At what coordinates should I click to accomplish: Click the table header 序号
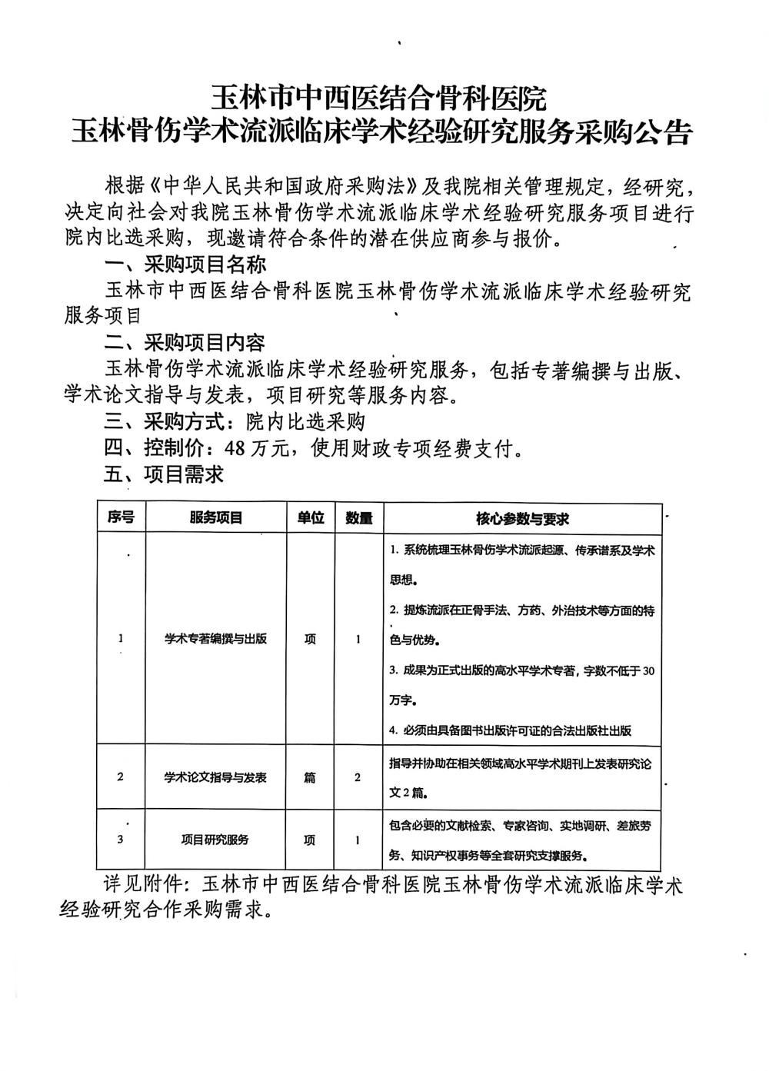click(121, 517)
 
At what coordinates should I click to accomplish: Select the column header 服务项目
click(216, 517)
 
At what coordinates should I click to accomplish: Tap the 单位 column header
click(310, 517)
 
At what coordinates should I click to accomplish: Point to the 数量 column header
click(358, 517)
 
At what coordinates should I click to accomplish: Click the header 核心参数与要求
click(522, 518)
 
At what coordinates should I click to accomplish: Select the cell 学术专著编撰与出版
click(216, 638)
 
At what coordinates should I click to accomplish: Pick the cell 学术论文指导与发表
click(216, 777)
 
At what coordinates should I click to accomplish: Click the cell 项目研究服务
click(216, 840)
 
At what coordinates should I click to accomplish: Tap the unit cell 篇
click(310, 777)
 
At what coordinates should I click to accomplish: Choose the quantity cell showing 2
click(358, 777)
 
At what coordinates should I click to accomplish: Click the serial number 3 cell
click(121, 840)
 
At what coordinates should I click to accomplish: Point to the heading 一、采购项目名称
click(185, 264)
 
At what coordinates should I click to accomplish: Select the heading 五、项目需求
click(164, 474)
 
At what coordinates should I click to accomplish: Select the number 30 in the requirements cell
click(647, 670)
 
